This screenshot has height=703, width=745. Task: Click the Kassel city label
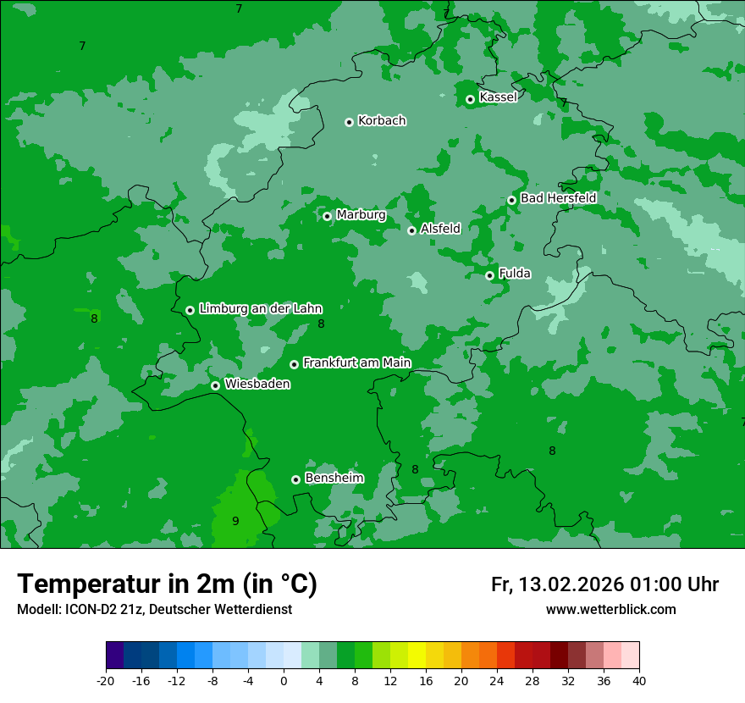[x=498, y=97]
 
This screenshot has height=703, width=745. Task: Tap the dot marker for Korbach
[x=349, y=122]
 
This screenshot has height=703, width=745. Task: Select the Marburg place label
[x=361, y=215]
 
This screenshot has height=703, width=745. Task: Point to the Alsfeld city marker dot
[x=412, y=230]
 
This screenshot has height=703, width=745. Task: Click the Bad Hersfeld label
[x=558, y=198]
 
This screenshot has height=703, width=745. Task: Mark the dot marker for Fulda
[x=489, y=275]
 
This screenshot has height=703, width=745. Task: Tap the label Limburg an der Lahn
[x=260, y=308]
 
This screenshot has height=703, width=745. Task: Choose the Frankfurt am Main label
[x=356, y=363]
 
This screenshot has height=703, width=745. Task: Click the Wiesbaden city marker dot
[x=216, y=385]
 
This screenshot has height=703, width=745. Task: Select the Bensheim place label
[x=334, y=478]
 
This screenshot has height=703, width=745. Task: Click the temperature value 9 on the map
[x=235, y=521]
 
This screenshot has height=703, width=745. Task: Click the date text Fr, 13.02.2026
[x=557, y=584]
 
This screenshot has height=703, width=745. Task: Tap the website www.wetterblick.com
[x=610, y=609]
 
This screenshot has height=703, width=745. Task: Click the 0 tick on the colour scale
[x=284, y=680]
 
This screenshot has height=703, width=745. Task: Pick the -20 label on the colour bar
[x=106, y=680]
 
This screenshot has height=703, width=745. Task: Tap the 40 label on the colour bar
[x=639, y=680]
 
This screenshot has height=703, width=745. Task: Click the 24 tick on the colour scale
[x=497, y=680]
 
